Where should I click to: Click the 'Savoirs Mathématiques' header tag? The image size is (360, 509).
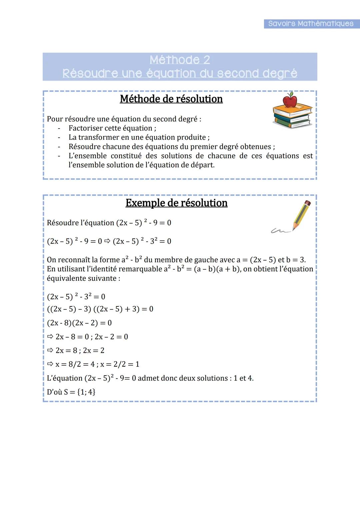pos(311,24)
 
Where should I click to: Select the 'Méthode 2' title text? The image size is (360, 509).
pos(180,60)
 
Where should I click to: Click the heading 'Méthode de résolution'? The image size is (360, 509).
pos(171,99)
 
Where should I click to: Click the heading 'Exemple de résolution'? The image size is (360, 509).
pos(176,203)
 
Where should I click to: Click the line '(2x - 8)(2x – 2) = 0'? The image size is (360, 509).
pos(79,323)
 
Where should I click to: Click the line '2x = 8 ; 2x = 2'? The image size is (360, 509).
pos(80,351)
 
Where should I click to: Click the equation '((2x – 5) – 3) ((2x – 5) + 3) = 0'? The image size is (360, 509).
pos(100,309)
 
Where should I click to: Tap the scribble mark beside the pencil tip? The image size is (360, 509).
pos(279,230)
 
